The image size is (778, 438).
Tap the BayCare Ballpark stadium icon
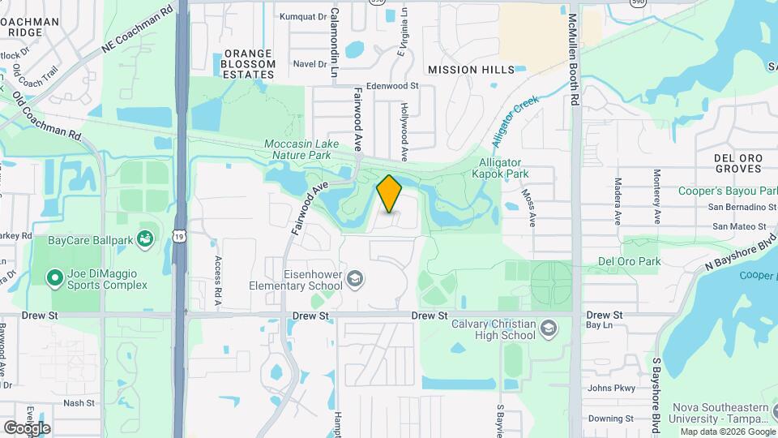145,238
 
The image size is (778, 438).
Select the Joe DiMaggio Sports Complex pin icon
55,278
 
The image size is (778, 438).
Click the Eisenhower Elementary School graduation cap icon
354,280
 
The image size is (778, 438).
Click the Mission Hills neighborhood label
471,70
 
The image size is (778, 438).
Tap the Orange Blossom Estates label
243,64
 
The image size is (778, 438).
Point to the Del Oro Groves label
737,163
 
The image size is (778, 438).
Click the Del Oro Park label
629,261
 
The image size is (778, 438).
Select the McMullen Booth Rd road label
574,58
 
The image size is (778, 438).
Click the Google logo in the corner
27,427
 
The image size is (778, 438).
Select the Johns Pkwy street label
611,389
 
